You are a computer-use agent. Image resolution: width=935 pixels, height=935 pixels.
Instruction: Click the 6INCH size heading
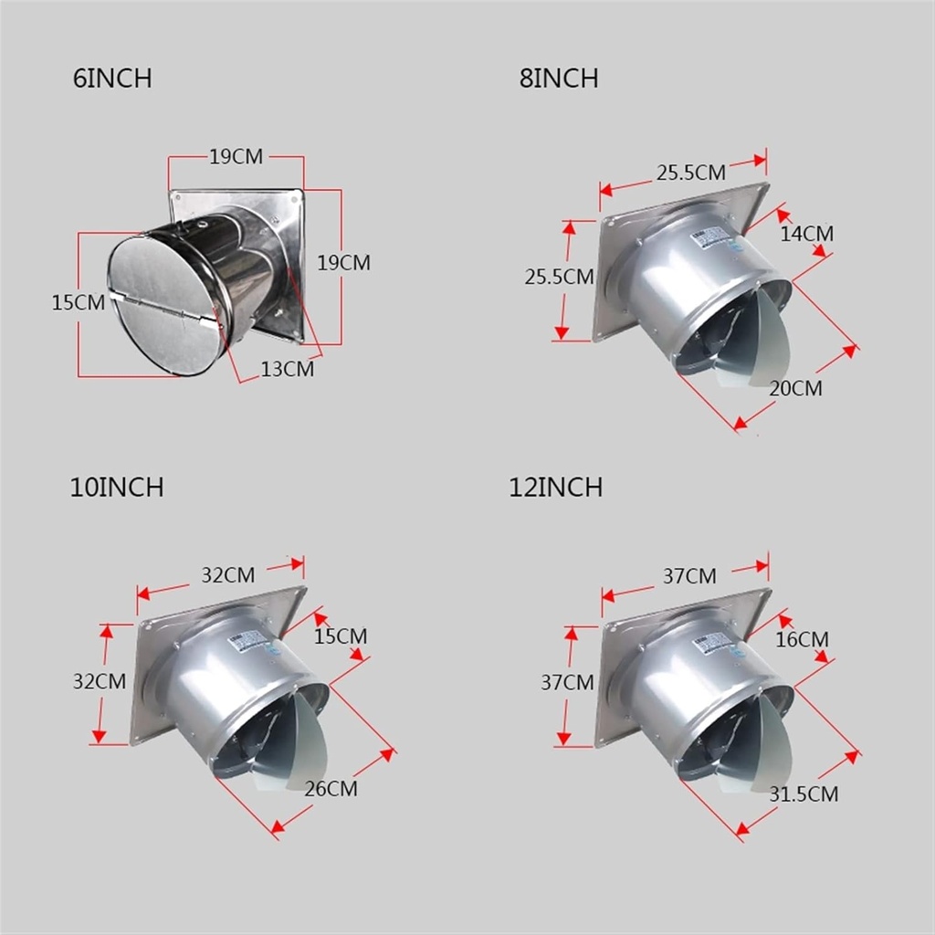point(111,79)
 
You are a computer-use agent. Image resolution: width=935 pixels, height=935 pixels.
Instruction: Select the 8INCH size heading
point(559,79)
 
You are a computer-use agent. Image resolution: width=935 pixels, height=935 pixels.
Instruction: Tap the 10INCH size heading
point(117,488)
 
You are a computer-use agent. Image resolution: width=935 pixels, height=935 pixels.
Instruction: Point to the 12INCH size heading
point(555,488)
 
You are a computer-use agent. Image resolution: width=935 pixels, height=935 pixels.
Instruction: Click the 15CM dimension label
point(78,302)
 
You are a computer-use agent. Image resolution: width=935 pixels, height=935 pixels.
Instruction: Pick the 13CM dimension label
point(287,369)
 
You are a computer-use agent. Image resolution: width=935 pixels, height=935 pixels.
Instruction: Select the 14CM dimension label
point(806,234)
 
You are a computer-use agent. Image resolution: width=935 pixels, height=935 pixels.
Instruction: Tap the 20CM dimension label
point(794,389)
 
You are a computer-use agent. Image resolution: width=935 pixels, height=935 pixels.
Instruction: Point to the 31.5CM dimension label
point(803,794)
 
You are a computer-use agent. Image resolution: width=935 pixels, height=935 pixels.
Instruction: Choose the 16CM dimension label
point(802,640)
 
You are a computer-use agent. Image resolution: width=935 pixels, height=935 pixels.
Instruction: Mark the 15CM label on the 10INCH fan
point(340,636)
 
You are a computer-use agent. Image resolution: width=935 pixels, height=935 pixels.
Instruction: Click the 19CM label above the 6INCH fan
point(236,157)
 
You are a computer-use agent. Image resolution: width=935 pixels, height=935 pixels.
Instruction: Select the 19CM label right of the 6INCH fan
point(343,263)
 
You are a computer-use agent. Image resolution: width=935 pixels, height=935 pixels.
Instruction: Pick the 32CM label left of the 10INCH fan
point(100,680)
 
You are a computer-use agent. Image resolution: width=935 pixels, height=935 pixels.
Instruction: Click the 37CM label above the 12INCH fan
point(689,576)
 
